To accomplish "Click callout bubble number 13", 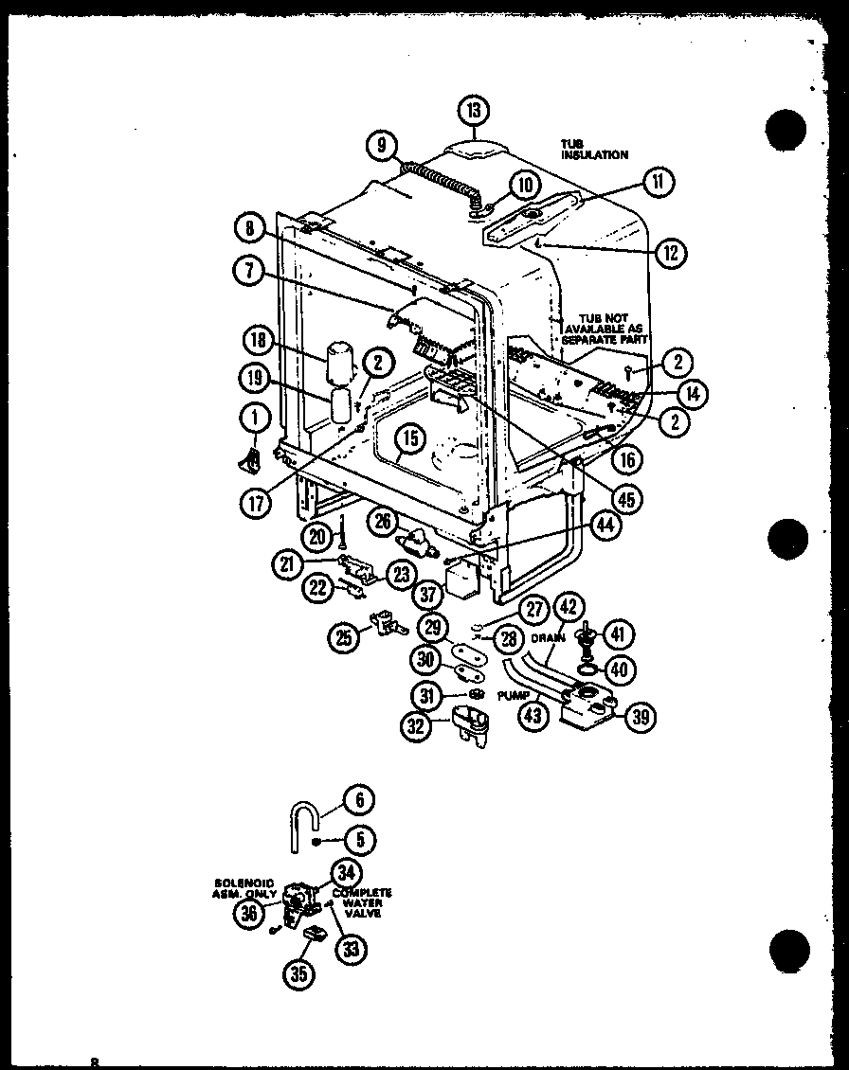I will click(473, 110).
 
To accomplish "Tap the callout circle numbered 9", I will click(380, 145).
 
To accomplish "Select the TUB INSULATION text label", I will click(593, 149).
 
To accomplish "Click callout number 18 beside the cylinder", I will click(257, 340).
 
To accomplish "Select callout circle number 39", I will click(641, 718).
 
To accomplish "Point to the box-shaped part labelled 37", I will click(462, 578).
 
